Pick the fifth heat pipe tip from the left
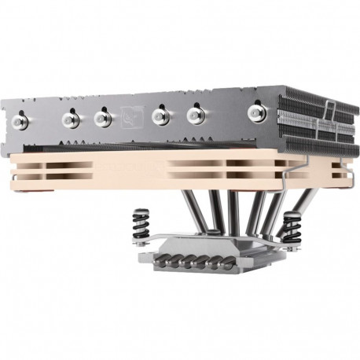[x=193, y=115]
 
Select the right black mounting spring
[x=296, y=222]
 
